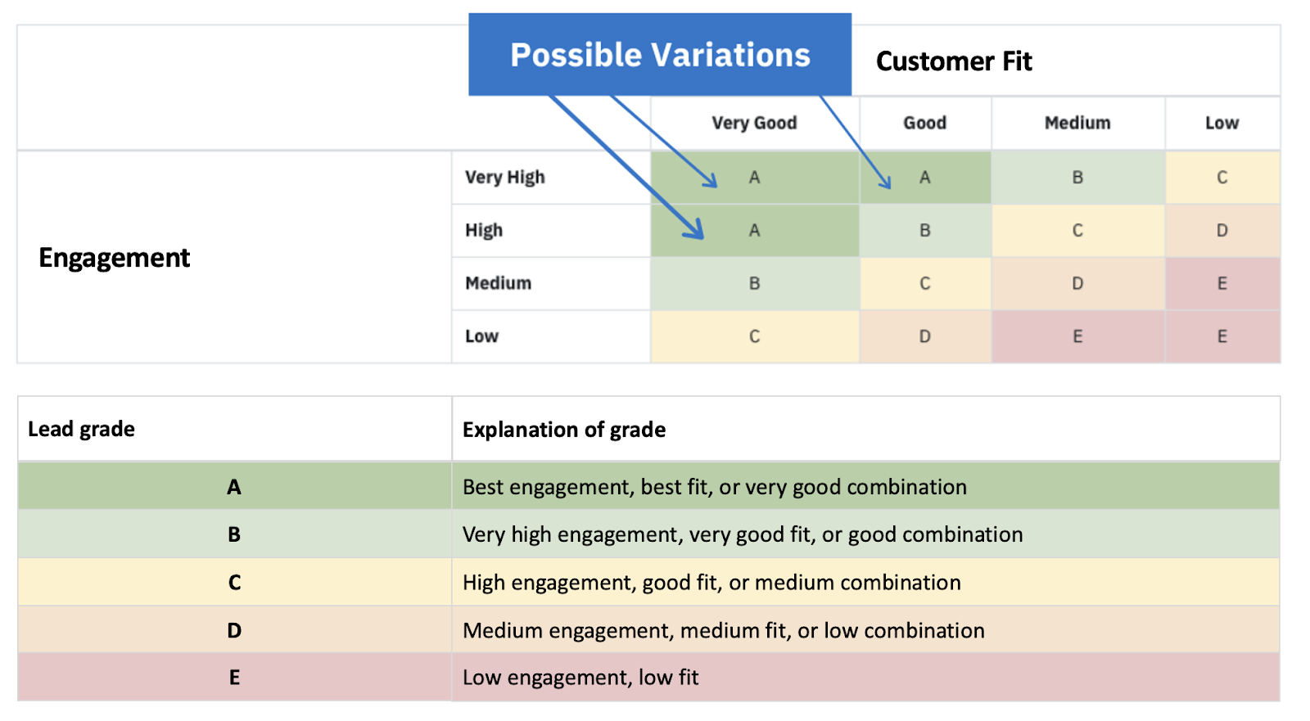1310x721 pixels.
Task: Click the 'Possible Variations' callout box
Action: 660,55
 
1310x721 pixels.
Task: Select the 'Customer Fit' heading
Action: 954,61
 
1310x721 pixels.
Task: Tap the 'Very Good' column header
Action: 754,123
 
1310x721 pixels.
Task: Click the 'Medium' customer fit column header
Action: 1077,123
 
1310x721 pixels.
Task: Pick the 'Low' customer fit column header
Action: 1222,123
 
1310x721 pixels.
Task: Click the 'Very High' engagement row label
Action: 505,178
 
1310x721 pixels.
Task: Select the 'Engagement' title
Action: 115,258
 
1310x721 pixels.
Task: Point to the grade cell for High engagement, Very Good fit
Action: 754,231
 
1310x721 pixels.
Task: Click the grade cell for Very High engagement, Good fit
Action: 924,178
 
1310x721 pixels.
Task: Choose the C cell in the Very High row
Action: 1222,178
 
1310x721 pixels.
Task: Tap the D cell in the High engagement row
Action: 1222,231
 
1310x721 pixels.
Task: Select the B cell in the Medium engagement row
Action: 754,283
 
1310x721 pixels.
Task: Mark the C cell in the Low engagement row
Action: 754,336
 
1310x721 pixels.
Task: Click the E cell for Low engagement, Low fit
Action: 1222,336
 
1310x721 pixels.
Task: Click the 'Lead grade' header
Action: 82,429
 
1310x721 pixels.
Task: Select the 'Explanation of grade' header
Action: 564,430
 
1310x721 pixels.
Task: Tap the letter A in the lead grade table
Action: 234,487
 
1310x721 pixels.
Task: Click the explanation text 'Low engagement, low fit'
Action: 580,678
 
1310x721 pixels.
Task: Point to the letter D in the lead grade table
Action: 234,631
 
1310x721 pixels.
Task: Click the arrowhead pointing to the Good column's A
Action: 887,184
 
